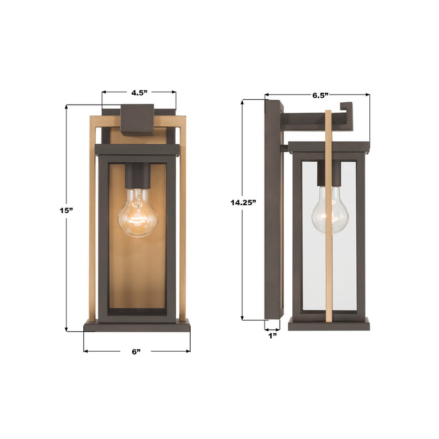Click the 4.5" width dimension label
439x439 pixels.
(139, 92)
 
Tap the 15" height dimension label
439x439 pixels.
(66, 211)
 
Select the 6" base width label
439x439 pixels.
(136, 351)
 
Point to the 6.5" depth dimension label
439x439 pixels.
(320, 95)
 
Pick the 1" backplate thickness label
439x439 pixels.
(273, 336)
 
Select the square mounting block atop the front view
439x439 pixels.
(137, 119)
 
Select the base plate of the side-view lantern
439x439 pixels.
(329, 324)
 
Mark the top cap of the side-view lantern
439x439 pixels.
(329, 148)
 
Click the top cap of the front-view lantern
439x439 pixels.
(137, 151)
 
